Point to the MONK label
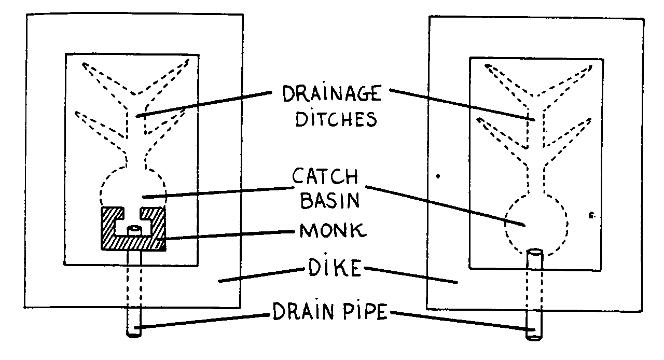(333, 230)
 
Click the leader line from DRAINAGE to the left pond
(202, 104)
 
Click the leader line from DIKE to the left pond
(259, 275)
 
